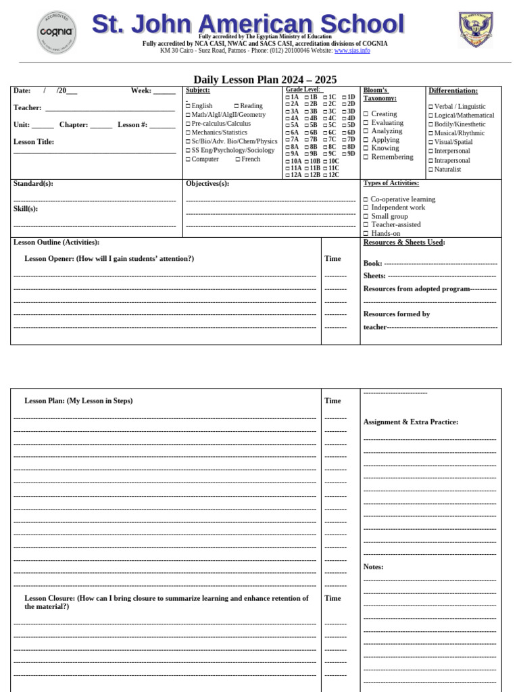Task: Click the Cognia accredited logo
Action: (56, 32)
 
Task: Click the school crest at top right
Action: (476, 30)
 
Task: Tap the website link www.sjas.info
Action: (352, 51)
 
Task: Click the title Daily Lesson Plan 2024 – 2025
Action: (265, 80)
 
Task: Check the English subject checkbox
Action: (189, 106)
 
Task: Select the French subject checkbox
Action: (238, 159)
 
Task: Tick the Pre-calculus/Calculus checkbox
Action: (189, 124)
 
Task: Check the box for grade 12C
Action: (324, 175)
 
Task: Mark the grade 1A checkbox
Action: (287, 97)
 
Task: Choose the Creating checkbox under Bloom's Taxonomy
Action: (366, 114)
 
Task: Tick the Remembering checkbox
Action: (366, 157)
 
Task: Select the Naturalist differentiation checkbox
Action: (430, 170)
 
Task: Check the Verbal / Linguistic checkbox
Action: (430, 107)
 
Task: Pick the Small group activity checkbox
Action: (366, 216)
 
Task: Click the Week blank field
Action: (164, 92)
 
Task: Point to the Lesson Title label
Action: (34, 142)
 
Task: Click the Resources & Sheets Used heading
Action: (404, 243)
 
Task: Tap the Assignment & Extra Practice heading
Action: (411, 422)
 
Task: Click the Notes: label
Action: (373, 567)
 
